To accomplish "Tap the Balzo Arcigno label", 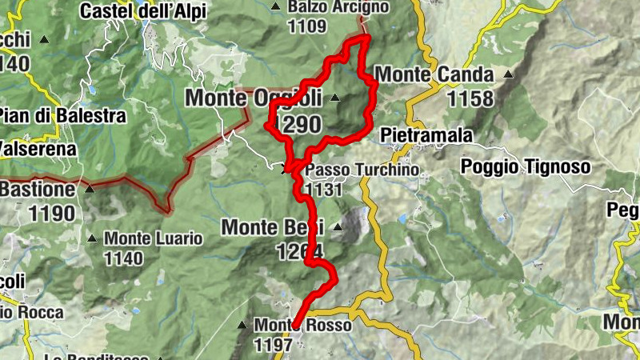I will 338,7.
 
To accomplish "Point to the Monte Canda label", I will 434,75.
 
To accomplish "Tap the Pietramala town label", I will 426,134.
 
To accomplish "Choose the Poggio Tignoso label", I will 526,166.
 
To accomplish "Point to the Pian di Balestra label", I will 62,115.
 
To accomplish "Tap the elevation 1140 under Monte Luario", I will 123,258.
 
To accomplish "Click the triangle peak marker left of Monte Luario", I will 93,238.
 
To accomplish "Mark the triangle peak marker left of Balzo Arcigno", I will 276,7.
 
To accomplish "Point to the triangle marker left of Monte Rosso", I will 242,326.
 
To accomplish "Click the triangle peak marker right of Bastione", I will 89,190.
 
